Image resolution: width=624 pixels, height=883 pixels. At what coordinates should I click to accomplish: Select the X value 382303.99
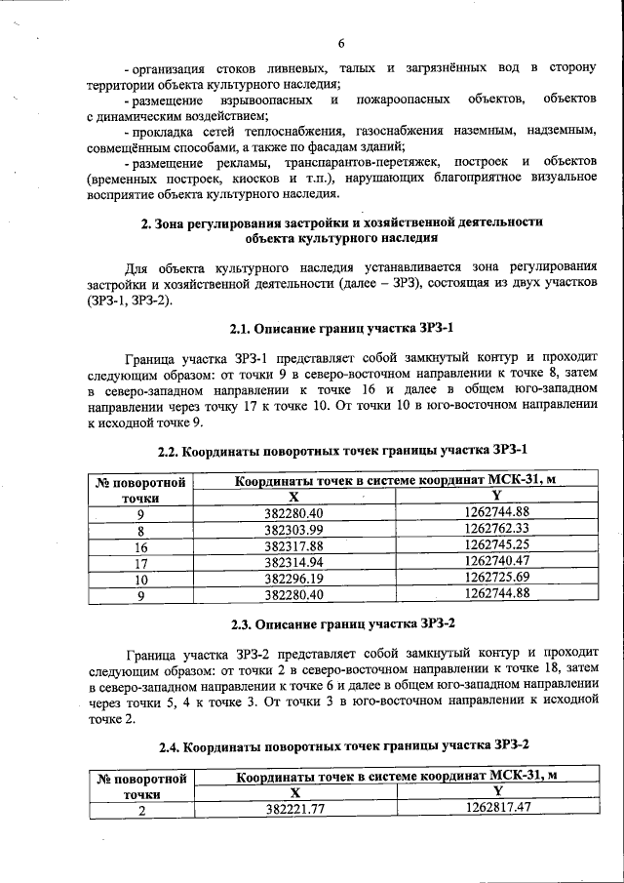click(x=293, y=530)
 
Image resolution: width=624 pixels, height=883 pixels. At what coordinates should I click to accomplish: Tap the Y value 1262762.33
click(x=496, y=530)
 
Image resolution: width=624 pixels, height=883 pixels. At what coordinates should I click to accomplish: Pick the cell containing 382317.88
click(x=293, y=545)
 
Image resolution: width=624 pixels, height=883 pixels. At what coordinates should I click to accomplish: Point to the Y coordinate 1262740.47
click(x=496, y=561)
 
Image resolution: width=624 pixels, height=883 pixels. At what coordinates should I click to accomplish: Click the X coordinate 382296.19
click(x=293, y=577)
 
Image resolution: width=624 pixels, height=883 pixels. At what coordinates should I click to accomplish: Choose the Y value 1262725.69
click(x=496, y=577)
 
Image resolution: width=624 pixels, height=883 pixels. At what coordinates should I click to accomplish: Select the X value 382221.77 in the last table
click(x=293, y=808)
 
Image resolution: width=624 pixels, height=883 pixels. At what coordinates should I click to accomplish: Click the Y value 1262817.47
click(x=496, y=808)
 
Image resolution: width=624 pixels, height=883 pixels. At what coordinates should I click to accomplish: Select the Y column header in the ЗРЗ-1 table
click(x=496, y=497)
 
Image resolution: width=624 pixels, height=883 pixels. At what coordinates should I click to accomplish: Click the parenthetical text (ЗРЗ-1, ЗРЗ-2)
click(x=129, y=300)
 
